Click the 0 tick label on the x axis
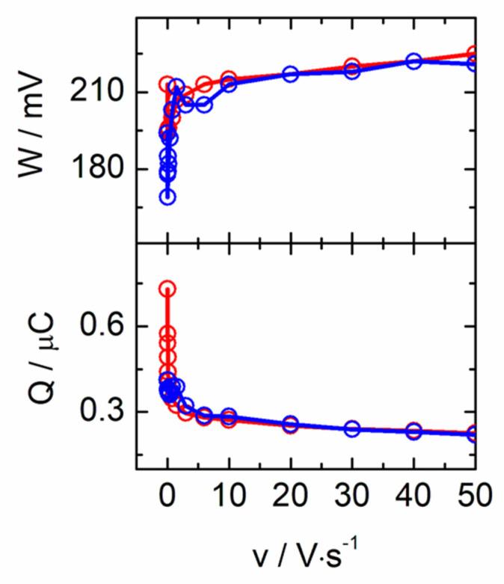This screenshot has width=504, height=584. pyautogui.click(x=168, y=496)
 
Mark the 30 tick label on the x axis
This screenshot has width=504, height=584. pyautogui.click(x=351, y=496)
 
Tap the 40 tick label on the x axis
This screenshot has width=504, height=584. pyautogui.click(x=413, y=496)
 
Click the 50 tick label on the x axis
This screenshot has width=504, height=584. pyautogui.click(x=474, y=496)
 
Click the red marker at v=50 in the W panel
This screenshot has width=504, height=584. pyautogui.click(x=473, y=54)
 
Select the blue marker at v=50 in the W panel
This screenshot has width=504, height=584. pyautogui.click(x=473, y=64)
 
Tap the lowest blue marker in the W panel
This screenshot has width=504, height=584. pyautogui.click(x=168, y=197)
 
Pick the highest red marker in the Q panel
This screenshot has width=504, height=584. pyautogui.click(x=168, y=289)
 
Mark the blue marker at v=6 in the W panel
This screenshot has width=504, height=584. pyautogui.click(x=204, y=105)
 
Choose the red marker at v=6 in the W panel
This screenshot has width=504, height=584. pyautogui.click(x=204, y=84)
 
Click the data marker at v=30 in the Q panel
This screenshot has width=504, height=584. pyautogui.click(x=351, y=428)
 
